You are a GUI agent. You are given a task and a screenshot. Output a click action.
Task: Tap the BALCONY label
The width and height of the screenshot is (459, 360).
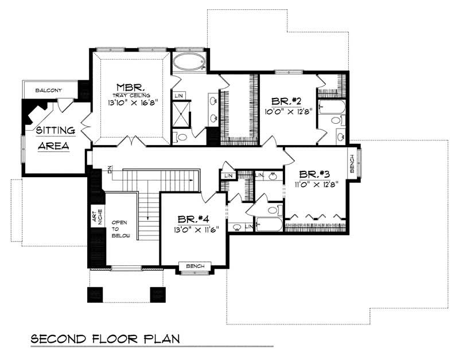(x=48, y=91)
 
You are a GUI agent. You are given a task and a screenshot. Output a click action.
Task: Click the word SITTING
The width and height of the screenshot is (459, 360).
(x=54, y=131)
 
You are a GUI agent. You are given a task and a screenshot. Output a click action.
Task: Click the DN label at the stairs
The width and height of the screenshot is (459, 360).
(x=108, y=170)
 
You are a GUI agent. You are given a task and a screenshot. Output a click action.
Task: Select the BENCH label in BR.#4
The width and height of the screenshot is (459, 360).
(x=195, y=266)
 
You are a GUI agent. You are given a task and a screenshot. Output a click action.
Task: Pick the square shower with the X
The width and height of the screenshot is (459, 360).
(x=181, y=114)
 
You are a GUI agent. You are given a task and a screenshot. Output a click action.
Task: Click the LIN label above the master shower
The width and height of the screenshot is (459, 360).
(x=179, y=95)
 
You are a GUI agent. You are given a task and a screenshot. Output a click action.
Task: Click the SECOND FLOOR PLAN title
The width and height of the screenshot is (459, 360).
(x=105, y=338)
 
